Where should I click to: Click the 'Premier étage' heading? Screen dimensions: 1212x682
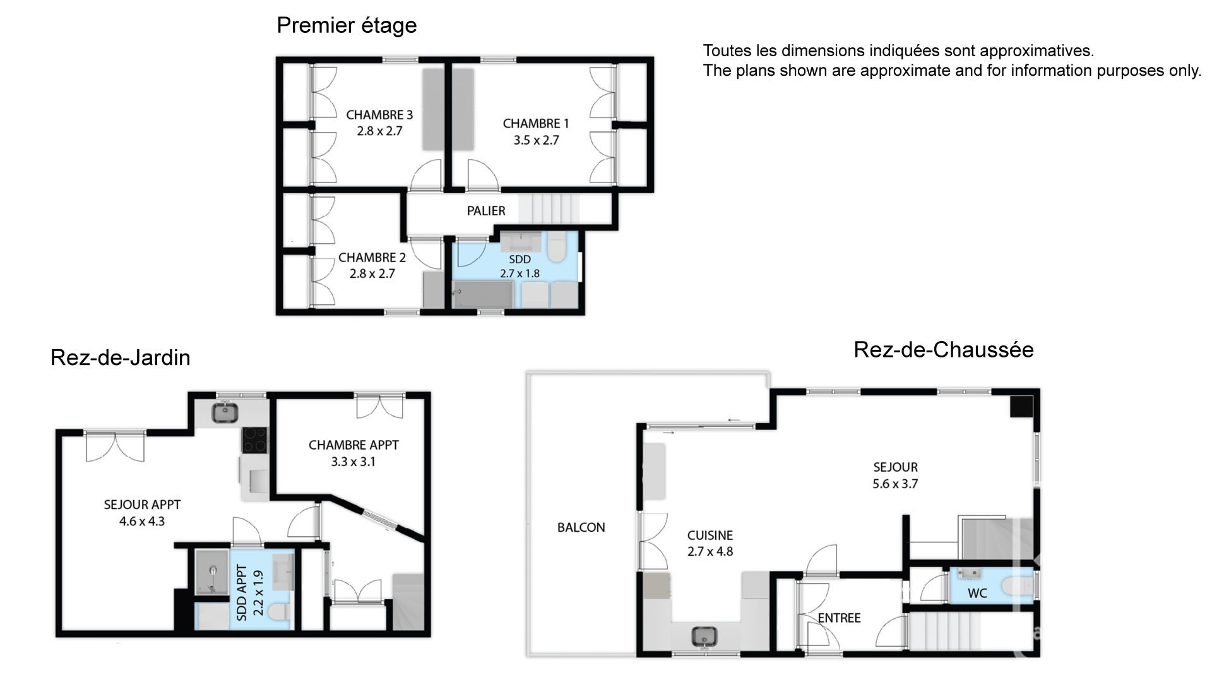coord(347,26)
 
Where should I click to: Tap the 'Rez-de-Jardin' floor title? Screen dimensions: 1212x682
coord(120,357)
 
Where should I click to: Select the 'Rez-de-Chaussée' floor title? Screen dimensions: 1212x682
coord(944,349)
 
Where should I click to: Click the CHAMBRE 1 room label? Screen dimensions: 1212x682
coord(536,124)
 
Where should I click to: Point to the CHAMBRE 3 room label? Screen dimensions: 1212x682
coord(379,115)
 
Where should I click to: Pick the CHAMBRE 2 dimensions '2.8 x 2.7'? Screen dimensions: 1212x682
coord(372,274)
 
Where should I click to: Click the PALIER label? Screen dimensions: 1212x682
coord(486,211)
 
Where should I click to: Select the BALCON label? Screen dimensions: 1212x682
coord(581,527)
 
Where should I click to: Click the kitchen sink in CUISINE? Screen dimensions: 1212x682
coord(702,636)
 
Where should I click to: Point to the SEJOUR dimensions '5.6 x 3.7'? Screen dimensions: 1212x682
coord(895,484)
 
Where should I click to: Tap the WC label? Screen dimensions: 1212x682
coord(977,594)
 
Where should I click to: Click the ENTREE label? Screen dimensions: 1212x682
coord(839,618)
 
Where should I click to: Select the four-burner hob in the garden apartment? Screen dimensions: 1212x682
coord(254,440)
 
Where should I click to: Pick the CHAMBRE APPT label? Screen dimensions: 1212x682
coord(353,445)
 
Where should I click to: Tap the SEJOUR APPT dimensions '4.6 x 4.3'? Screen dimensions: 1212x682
coord(142,522)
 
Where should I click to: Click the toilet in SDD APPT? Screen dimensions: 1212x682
coord(278,612)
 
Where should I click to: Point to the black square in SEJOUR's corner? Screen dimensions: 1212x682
coord(1021,407)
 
